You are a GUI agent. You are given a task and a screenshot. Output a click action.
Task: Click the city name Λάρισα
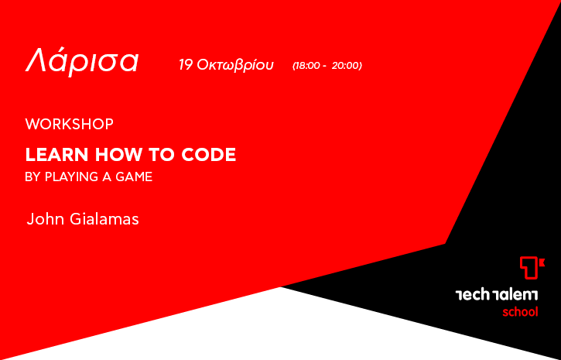pyautogui.click(x=81, y=62)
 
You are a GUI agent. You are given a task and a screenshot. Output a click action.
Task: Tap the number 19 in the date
pyautogui.click(x=186, y=65)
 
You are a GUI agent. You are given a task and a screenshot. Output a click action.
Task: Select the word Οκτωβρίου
pyautogui.click(x=235, y=66)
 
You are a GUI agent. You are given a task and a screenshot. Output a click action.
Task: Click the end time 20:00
pyautogui.click(x=345, y=66)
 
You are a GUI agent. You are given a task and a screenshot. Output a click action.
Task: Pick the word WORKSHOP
pyautogui.click(x=70, y=124)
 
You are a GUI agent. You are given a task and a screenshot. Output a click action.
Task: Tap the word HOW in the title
pyautogui.click(x=118, y=155)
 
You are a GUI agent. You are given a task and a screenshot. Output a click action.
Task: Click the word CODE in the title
pyautogui.click(x=209, y=155)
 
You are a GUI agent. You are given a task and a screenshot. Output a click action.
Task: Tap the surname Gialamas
pyautogui.click(x=104, y=219)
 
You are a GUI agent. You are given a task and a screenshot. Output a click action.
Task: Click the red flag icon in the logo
pyautogui.click(x=532, y=268)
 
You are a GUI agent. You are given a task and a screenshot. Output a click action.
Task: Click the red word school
pyautogui.click(x=520, y=312)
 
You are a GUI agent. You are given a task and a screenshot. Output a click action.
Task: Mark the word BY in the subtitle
pyautogui.click(x=32, y=177)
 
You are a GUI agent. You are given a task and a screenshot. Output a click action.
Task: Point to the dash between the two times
pyautogui.click(x=324, y=67)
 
